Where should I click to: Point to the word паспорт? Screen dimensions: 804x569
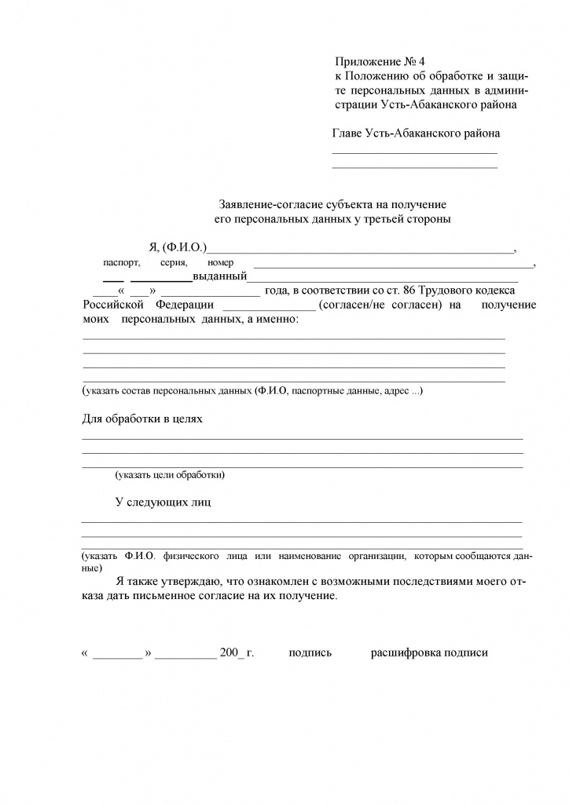point(121,263)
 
